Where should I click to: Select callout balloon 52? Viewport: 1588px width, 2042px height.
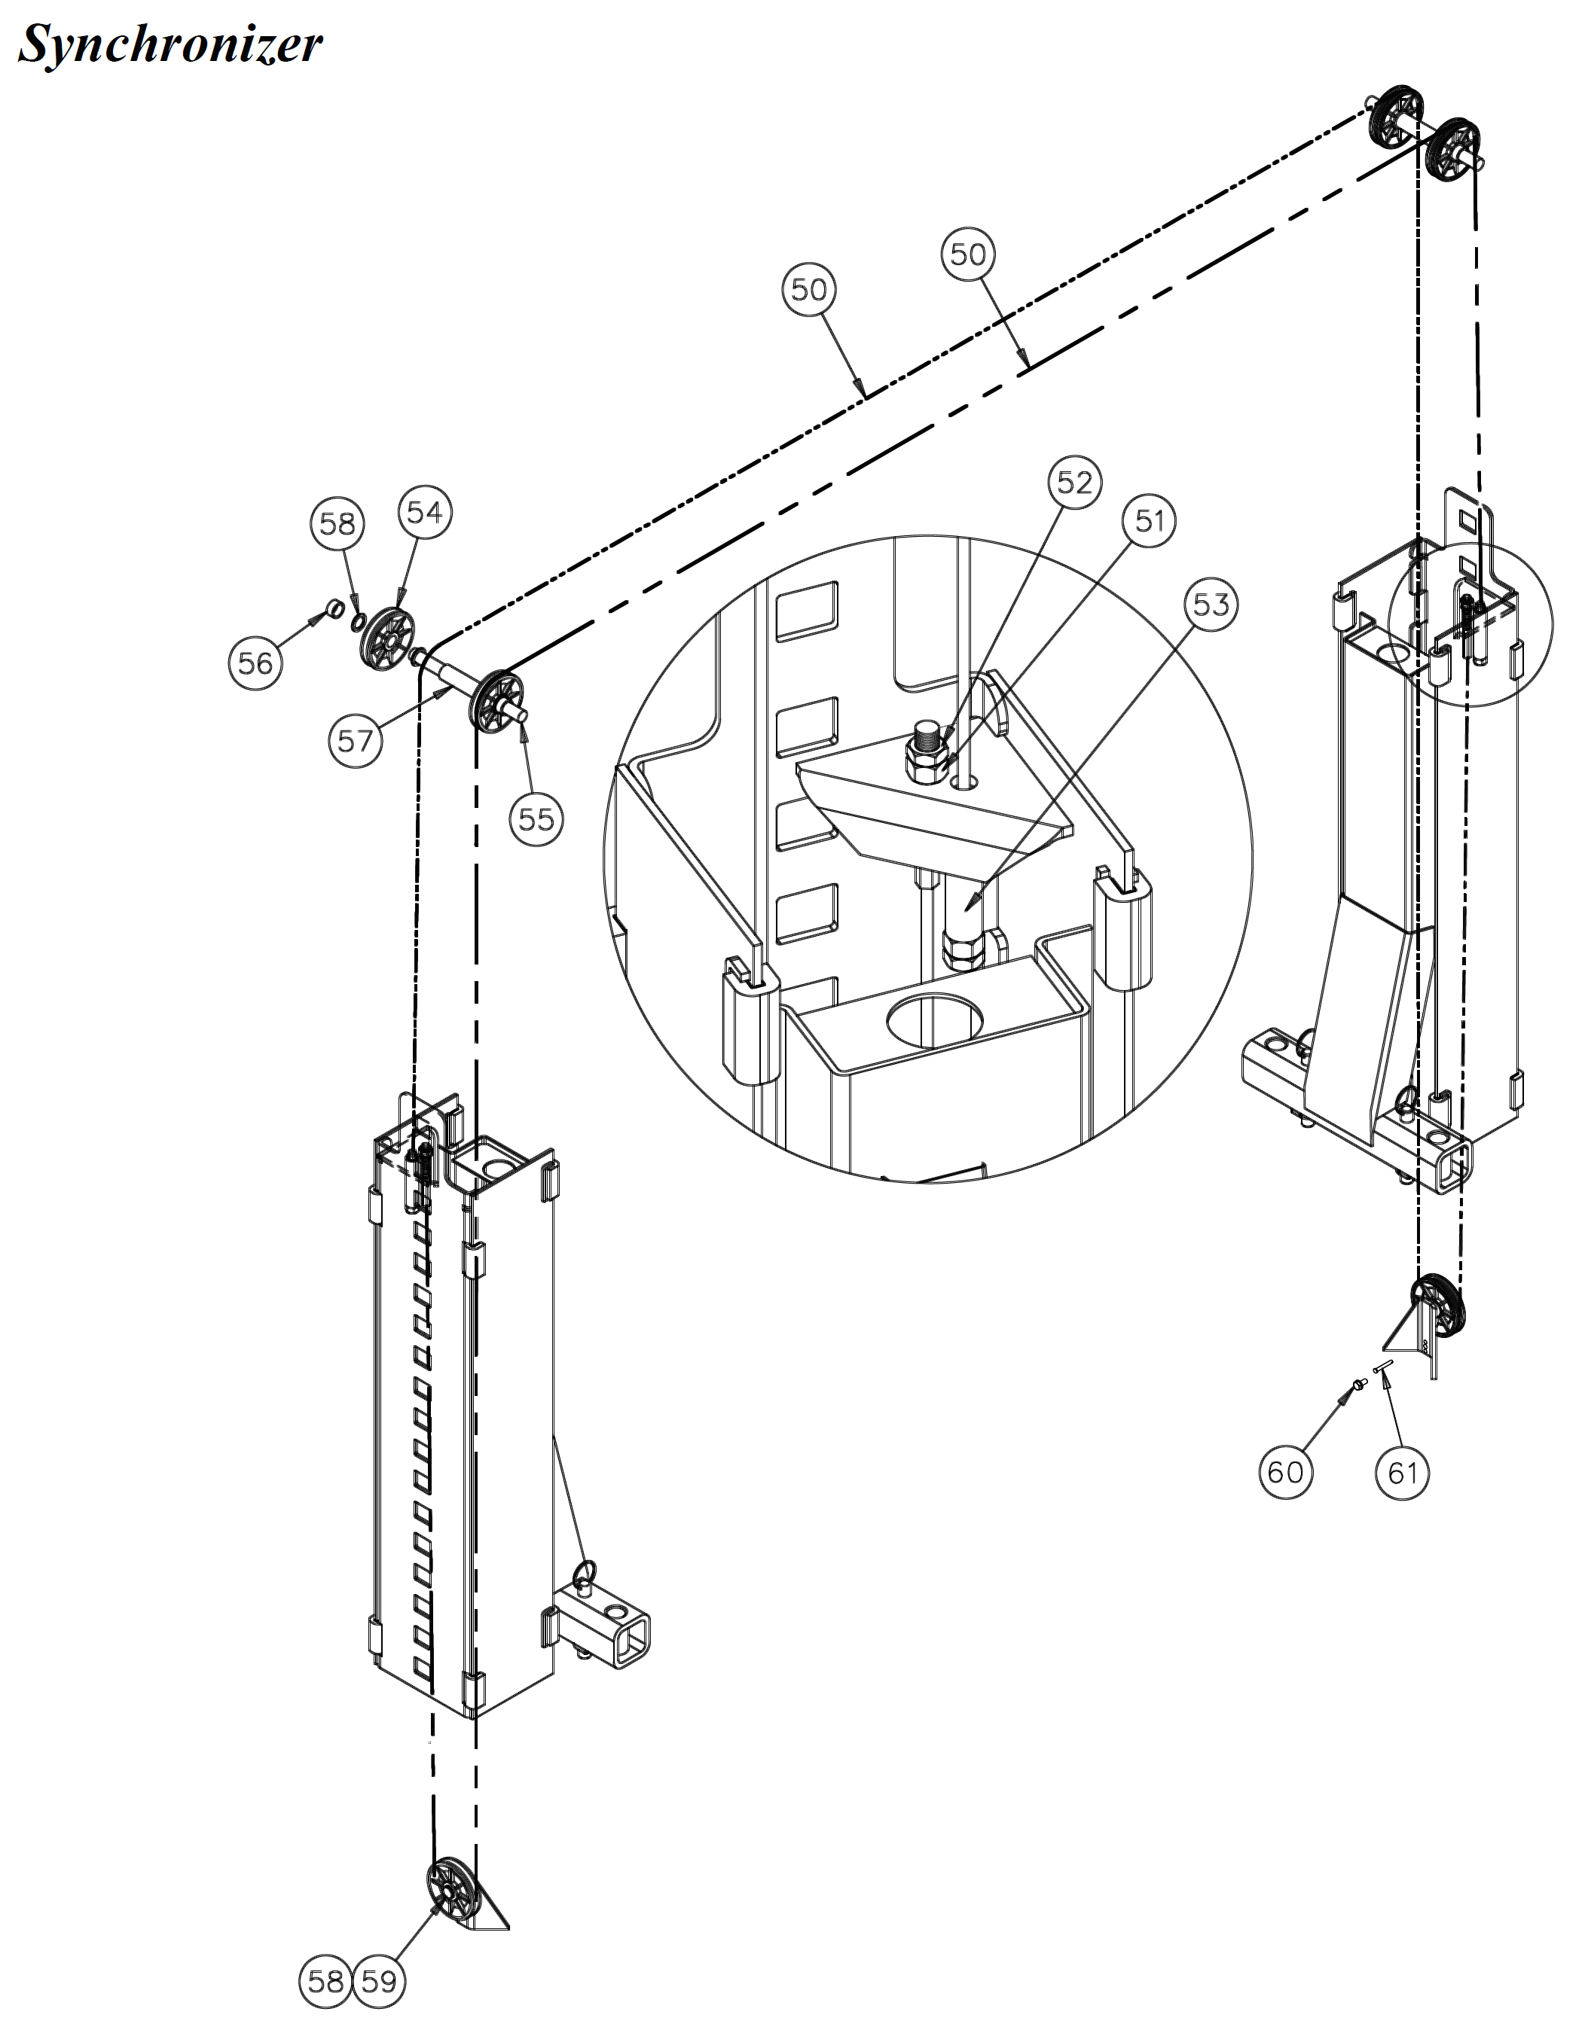1073,483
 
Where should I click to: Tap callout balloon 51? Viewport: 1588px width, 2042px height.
1150,521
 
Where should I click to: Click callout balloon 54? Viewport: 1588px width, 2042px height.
425,512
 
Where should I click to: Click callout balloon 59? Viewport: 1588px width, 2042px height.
379,1981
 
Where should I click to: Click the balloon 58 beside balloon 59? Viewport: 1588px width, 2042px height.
325,1981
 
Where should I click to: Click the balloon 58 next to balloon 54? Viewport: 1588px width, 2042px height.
337,523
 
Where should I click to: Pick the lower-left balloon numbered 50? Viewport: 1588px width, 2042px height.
809,290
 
